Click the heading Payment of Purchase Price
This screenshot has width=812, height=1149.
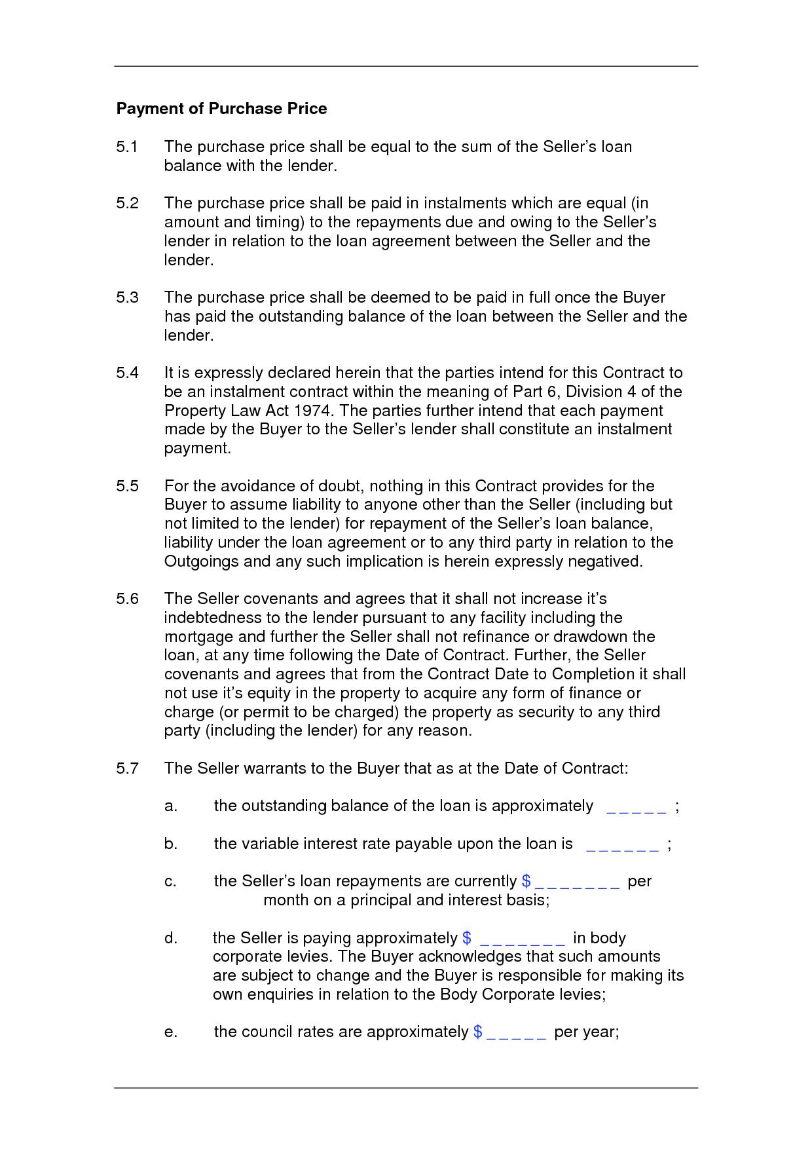(x=221, y=109)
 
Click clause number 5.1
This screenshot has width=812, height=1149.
(x=127, y=147)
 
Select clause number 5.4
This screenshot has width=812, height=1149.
(x=127, y=373)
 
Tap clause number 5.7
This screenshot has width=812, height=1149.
(x=127, y=768)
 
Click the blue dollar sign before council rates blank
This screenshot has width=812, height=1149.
(x=477, y=1032)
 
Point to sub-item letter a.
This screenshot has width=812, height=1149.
(x=171, y=806)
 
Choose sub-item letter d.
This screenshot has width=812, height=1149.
(x=171, y=939)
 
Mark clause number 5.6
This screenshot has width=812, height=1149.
(x=127, y=599)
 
